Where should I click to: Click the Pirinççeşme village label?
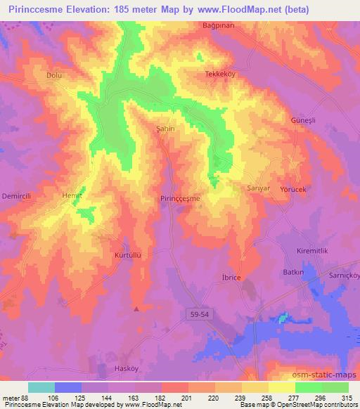[x=181, y=199]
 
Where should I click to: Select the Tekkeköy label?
[x=219, y=74]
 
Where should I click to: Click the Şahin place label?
[x=164, y=129]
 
